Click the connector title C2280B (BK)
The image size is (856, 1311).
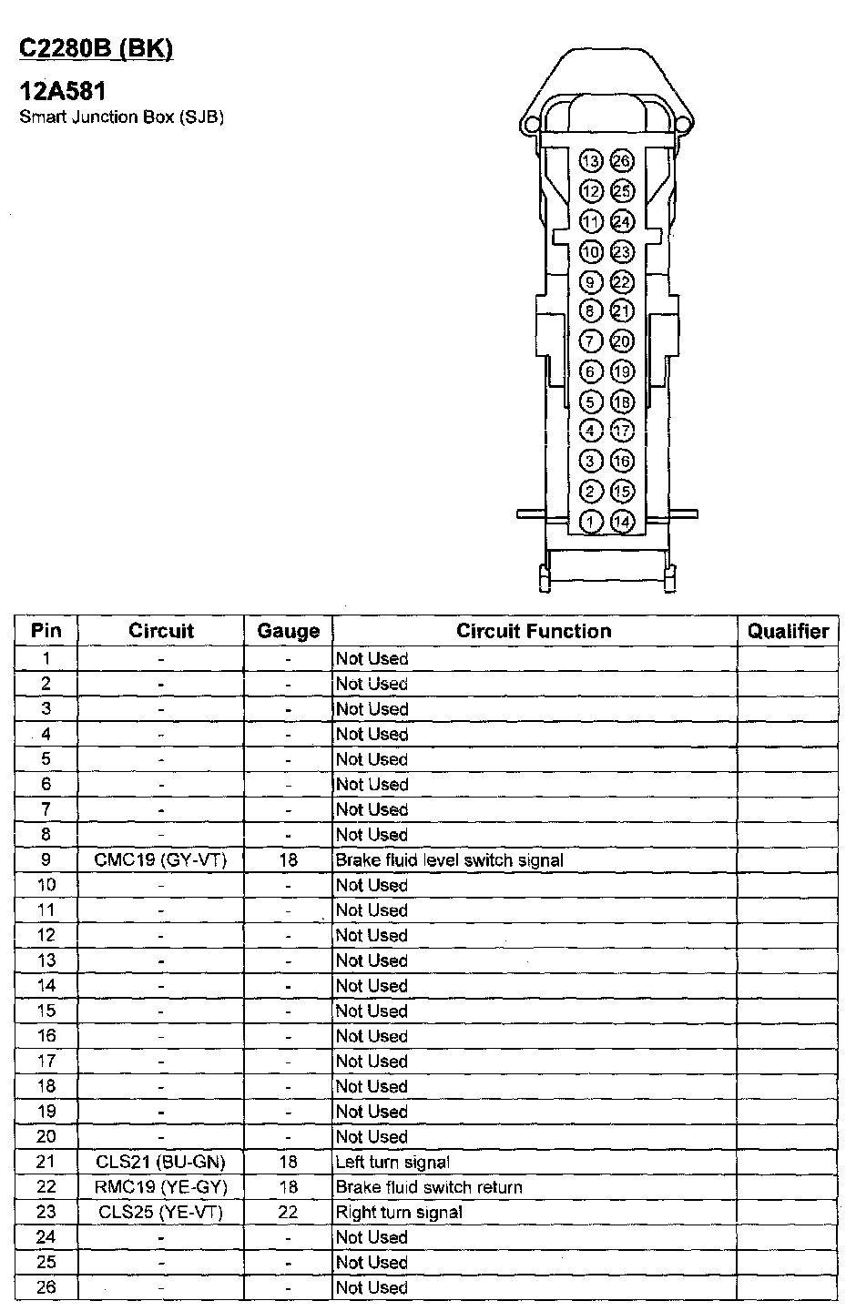coord(96,49)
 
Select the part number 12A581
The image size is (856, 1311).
coord(63,92)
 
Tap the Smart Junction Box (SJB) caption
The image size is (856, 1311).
coord(121,117)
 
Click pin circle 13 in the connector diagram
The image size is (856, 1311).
coord(591,161)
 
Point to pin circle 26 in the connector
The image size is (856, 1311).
coord(621,161)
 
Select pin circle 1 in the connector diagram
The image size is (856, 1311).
coord(591,522)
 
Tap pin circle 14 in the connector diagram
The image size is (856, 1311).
coord(621,522)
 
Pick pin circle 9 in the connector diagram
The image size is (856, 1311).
coord(591,281)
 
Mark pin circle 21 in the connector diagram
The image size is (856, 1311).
coord(621,311)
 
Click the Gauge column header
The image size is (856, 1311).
coord(288,631)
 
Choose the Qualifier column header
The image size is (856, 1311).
coord(788,631)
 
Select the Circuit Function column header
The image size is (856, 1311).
coord(534,631)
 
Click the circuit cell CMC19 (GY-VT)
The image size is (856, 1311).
coord(160,859)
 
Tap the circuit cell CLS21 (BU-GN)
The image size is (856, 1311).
coord(160,1162)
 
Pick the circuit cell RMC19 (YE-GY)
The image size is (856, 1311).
coord(160,1187)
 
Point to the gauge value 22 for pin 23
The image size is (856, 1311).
coord(288,1212)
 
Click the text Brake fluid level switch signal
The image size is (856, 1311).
coord(450,859)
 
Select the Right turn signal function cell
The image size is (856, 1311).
coord(399,1212)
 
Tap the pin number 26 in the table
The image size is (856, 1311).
coord(46,1287)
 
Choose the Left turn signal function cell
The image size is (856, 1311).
coord(392,1162)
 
